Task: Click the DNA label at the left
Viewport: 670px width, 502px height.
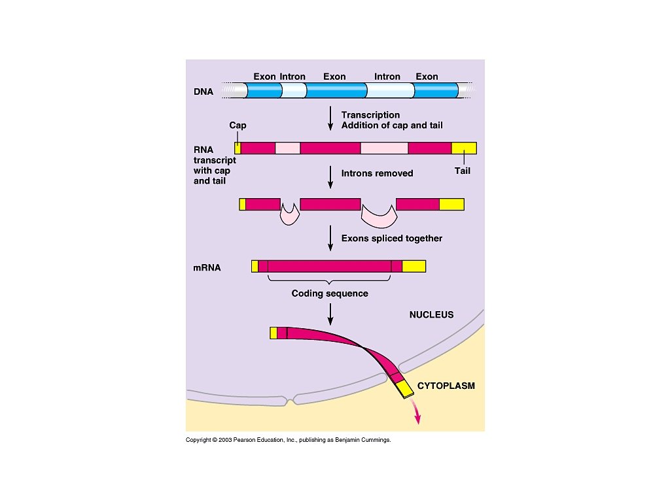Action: point(203,92)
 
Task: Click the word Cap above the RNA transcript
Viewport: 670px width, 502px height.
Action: point(238,125)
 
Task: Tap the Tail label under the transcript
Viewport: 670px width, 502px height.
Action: point(462,171)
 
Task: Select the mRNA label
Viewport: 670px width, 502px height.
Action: point(207,267)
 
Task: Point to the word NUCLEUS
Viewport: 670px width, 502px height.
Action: point(431,314)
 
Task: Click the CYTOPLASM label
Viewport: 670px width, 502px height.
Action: point(446,386)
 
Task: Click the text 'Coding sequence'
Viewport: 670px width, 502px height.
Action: point(330,293)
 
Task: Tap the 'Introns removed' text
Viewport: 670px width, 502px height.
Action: point(377,173)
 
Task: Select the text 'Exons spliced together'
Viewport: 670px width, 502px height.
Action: point(391,239)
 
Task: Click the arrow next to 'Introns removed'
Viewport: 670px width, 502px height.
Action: point(330,176)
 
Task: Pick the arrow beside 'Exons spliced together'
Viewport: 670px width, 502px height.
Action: point(330,239)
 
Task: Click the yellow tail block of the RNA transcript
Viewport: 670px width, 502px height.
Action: point(463,148)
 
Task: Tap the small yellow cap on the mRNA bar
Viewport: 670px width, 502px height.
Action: point(255,266)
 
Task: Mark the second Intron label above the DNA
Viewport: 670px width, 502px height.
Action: point(387,76)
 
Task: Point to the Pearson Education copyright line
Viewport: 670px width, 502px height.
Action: point(288,441)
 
